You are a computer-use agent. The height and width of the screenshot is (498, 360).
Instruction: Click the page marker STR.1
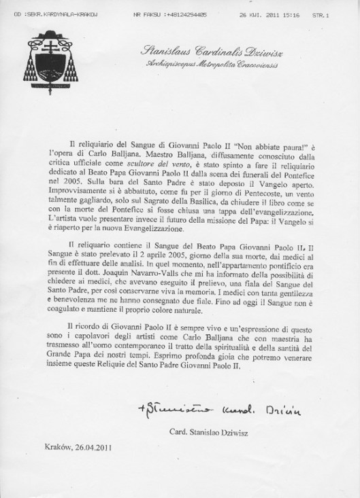pyautogui.click(x=337, y=14)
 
